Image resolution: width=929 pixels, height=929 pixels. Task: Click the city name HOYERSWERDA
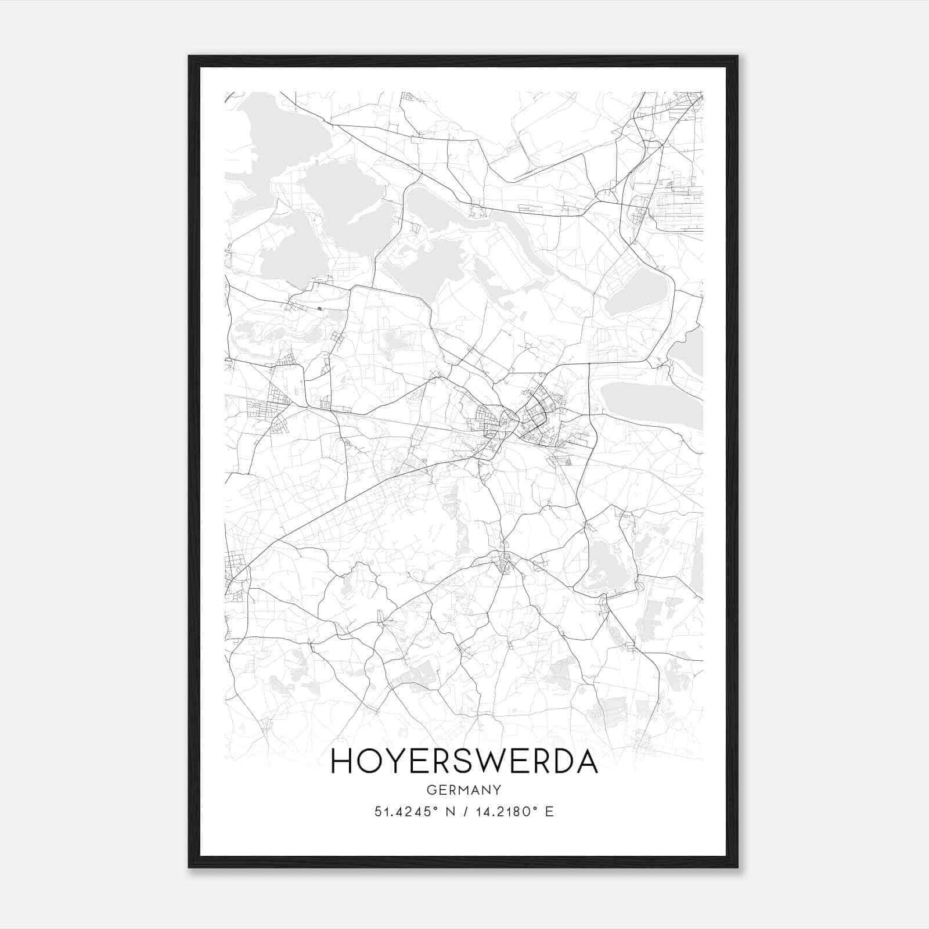[x=464, y=762]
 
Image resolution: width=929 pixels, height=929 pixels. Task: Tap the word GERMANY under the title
[x=464, y=790]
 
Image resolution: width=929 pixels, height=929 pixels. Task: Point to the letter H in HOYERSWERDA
[x=341, y=762]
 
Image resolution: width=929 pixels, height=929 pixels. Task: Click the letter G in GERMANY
[x=430, y=790]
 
